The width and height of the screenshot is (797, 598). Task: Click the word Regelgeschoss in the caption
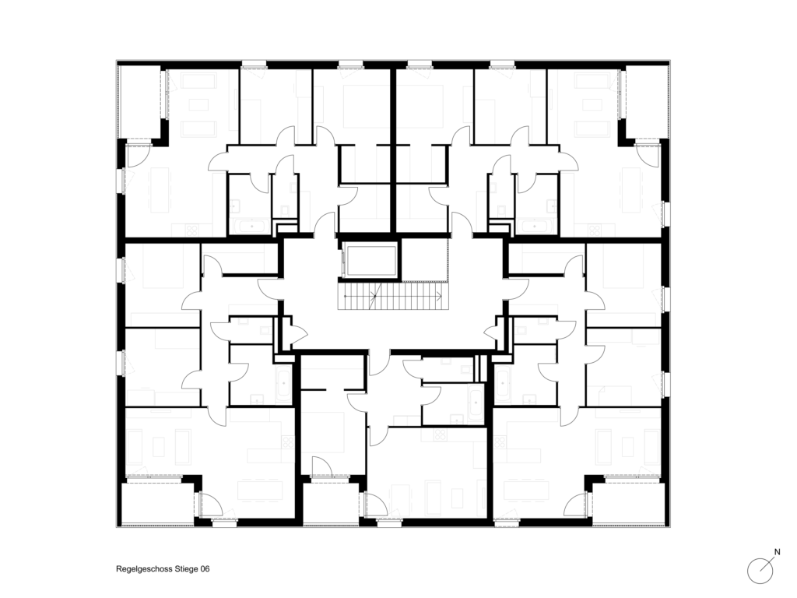(144, 569)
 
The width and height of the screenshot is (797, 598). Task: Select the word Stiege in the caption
(186, 569)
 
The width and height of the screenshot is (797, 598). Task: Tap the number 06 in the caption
(205, 569)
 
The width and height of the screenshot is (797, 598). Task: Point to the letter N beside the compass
(777, 552)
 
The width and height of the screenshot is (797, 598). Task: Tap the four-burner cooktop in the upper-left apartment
(192, 230)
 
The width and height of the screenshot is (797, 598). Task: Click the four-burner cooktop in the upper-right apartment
(594, 230)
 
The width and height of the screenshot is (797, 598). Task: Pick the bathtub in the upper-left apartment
(251, 227)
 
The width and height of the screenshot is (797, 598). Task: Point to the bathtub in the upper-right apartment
(535, 227)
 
